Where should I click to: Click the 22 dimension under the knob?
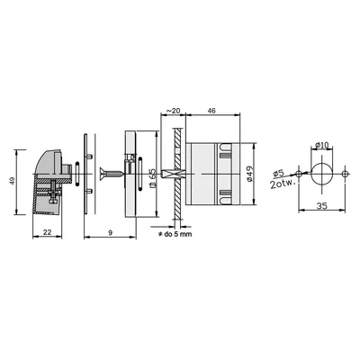[48, 232]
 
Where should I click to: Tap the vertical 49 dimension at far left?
[13, 181]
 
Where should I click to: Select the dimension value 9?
[110, 232]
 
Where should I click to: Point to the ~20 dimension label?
[173, 111]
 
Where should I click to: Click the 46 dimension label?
[211, 111]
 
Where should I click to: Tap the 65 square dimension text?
[152, 178]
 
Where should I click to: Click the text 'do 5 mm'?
[178, 234]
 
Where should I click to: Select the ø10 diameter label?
[322, 145]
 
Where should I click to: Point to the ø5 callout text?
[279, 173]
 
